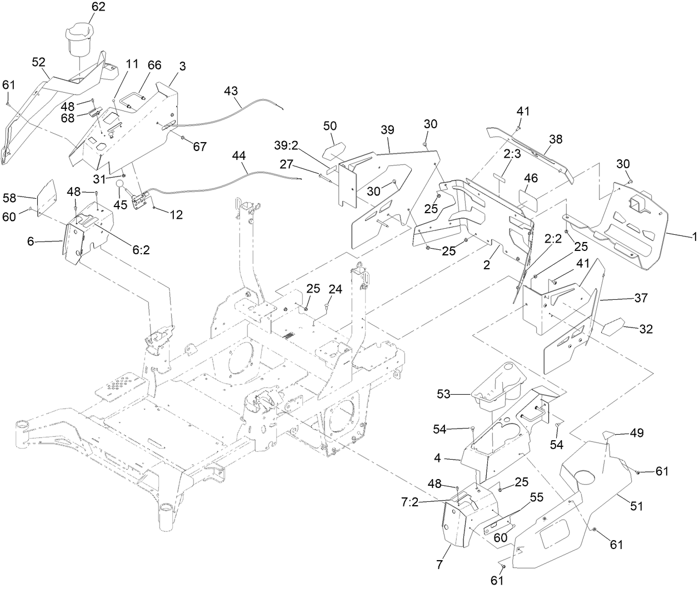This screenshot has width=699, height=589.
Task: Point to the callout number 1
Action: (x=693, y=236)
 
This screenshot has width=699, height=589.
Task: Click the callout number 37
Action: (x=641, y=298)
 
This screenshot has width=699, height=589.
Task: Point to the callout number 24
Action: (x=335, y=289)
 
